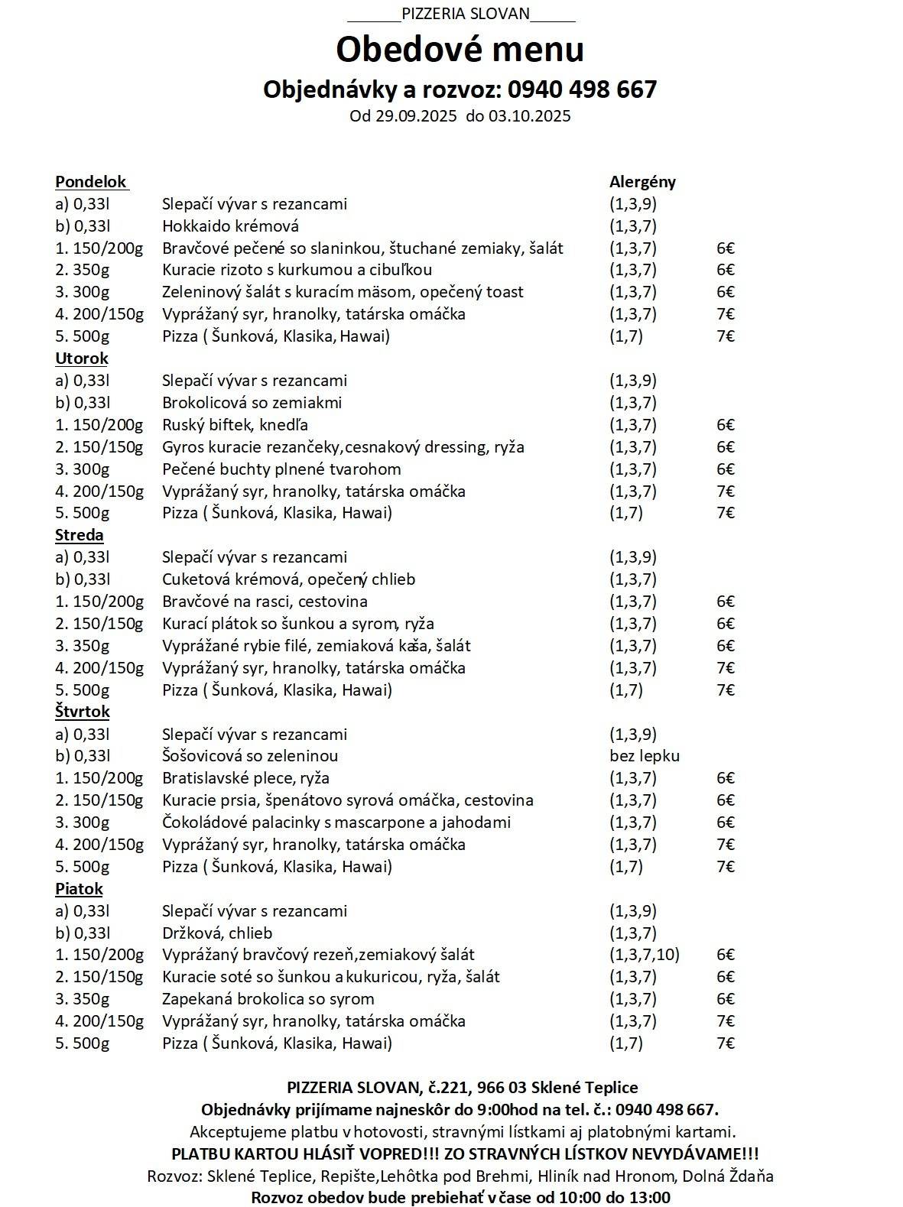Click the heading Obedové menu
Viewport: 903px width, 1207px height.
(x=460, y=49)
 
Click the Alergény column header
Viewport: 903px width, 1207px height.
(x=642, y=182)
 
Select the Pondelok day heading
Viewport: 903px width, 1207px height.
(x=91, y=182)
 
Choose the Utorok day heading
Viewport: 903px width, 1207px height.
(x=82, y=359)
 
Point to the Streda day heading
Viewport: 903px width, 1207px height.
(x=80, y=535)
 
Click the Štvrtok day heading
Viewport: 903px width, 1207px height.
(x=83, y=712)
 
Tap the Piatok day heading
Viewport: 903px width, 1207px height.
(x=79, y=888)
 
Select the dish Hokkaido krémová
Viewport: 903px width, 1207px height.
(x=230, y=226)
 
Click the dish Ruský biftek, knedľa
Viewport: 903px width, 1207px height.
(x=235, y=425)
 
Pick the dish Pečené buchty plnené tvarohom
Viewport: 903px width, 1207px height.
(x=281, y=469)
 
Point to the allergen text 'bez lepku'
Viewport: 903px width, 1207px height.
(x=645, y=756)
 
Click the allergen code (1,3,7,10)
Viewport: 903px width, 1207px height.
(x=645, y=955)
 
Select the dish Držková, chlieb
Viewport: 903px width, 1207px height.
(x=217, y=933)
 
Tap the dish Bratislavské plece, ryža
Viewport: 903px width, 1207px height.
(x=245, y=778)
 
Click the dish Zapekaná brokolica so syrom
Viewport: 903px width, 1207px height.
(x=268, y=999)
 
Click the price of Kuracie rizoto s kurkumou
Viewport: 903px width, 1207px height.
(x=726, y=270)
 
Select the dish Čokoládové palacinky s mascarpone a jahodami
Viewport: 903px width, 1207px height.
(x=336, y=823)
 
